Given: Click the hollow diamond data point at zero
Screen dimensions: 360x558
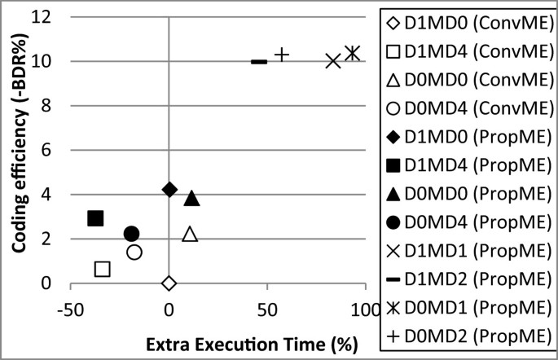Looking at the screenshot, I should tap(169, 283).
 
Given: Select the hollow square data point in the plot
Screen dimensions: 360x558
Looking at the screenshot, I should tap(103, 269).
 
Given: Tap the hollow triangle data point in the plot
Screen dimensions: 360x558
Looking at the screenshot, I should tap(190, 235).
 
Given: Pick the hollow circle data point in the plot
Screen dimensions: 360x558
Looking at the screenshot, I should tap(134, 252).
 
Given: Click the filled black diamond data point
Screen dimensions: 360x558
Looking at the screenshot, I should tap(169, 189).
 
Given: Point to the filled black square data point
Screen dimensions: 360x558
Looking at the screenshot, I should tap(95, 217).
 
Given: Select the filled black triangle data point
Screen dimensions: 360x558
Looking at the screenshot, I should tap(192, 198).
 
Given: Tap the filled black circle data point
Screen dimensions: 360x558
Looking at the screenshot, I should tap(131, 234).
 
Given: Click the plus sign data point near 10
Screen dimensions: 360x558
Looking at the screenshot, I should tap(282, 55).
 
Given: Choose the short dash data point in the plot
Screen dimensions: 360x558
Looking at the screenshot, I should tap(259, 61).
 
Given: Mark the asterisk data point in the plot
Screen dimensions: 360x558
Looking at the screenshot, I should tap(352, 53).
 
